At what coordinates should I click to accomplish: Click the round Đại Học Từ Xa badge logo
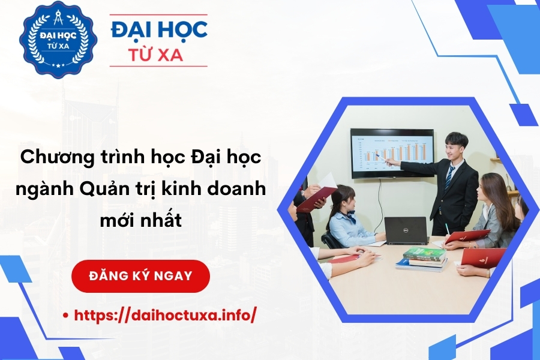tap(58, 39)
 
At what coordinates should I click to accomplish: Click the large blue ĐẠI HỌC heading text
tap(160, 29)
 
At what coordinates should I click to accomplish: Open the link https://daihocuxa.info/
tap(165, 314)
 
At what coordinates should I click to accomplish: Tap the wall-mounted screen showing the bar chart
tap(392, 153)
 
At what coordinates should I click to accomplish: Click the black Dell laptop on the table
tap(406, 230)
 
